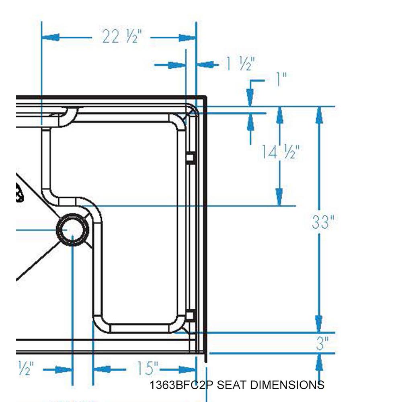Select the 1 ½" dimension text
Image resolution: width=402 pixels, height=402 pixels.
(240, 64)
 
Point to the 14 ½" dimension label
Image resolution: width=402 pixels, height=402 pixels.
(280, 152)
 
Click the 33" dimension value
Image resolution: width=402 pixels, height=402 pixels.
(323, 222)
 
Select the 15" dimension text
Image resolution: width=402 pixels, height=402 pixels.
(147, 368)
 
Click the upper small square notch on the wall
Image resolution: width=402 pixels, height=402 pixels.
(190, 158)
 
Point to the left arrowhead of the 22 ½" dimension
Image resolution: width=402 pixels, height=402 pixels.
(51, 37)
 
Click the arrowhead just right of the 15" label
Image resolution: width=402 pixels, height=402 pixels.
(187, 369)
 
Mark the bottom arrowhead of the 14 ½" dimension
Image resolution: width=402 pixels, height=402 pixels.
(279, 198)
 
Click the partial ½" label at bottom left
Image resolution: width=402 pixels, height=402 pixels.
(25, 368)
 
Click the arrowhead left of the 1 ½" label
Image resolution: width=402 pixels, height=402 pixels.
(177, 65)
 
